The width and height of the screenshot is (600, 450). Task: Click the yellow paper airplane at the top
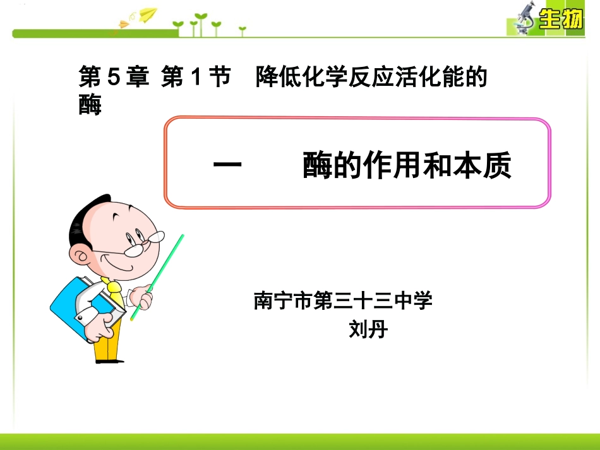[147, 14]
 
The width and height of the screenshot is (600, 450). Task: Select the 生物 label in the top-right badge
[560, 21]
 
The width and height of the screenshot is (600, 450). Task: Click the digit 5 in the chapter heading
[113, 78]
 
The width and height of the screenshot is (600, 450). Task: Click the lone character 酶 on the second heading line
[90, 105]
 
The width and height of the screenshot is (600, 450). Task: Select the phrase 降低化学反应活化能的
[372, 78]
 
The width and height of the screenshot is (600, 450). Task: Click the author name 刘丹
[368, 329]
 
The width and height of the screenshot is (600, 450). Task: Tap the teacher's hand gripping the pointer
[143, 297]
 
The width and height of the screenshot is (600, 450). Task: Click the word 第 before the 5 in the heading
[90, 78]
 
